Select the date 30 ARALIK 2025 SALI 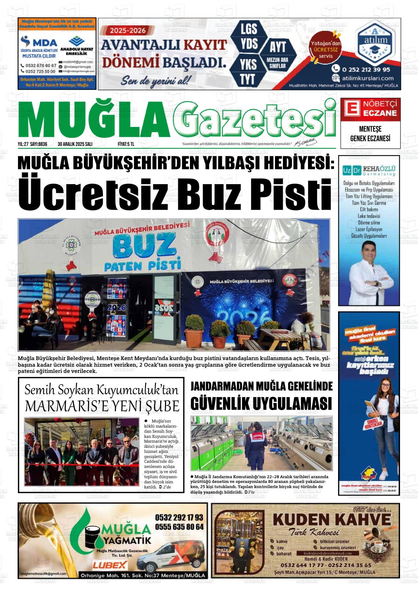(75, 144)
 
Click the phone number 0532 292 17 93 (179, 517)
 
